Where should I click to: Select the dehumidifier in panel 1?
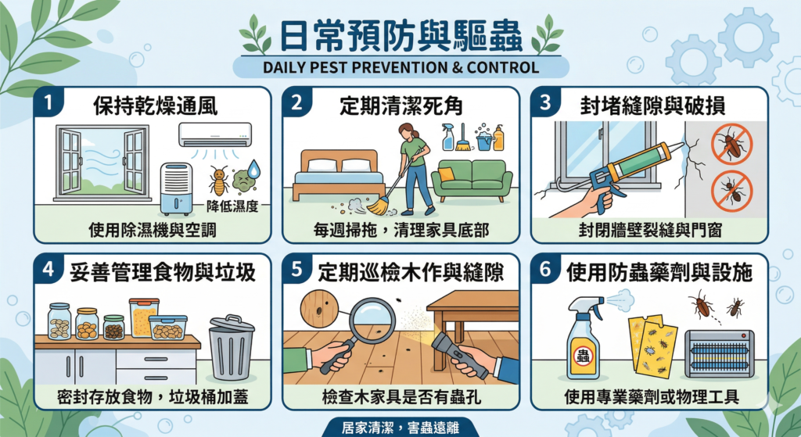click(x=177, y=188)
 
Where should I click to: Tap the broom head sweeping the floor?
click(x=379, y=206)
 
